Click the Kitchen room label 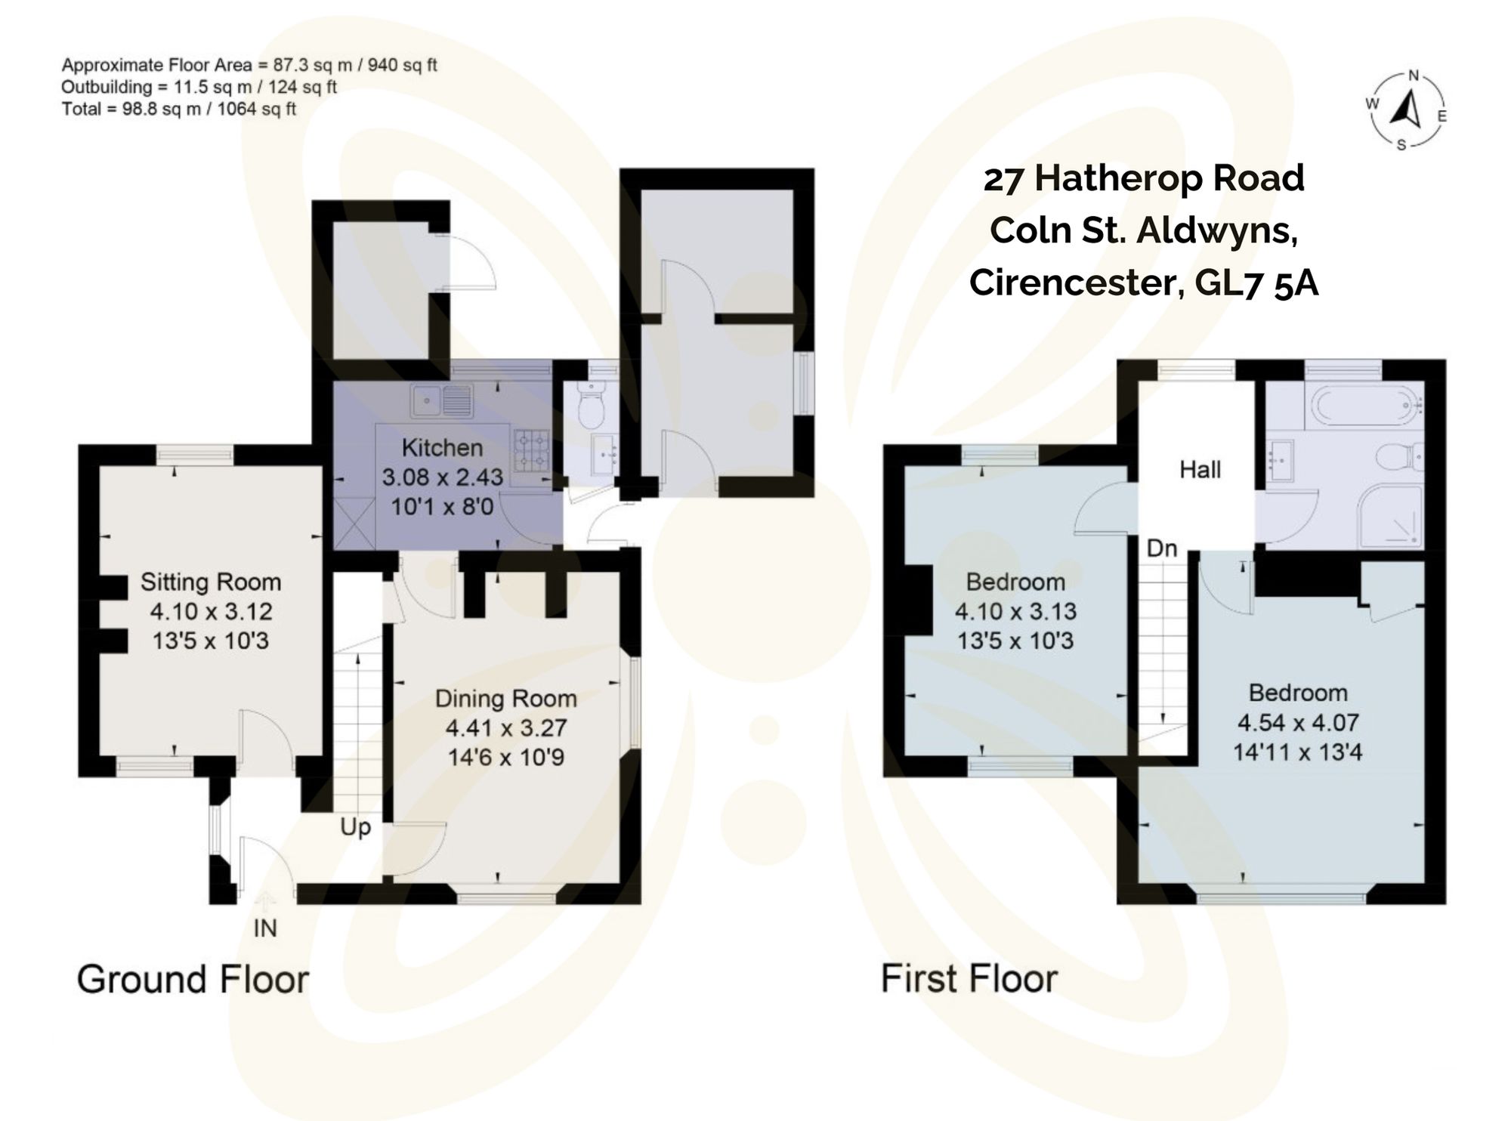click(x=442, y=448)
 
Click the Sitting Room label click(x=211, y=582)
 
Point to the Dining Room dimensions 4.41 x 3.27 click(x=505, y=728)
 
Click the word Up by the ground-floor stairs click(x=355, y=827)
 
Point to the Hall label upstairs click(x=1200, y=470)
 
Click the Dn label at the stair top click(x=1162, y=548)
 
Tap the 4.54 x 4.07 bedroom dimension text click(x=1297, y=723)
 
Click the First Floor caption click(x=969, y=979)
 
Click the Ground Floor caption click(x=193, y=980)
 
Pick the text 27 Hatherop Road click(x=1144, y=179)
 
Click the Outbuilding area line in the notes click(x=199, y=87)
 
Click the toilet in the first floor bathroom click(x=1399, y=457)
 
